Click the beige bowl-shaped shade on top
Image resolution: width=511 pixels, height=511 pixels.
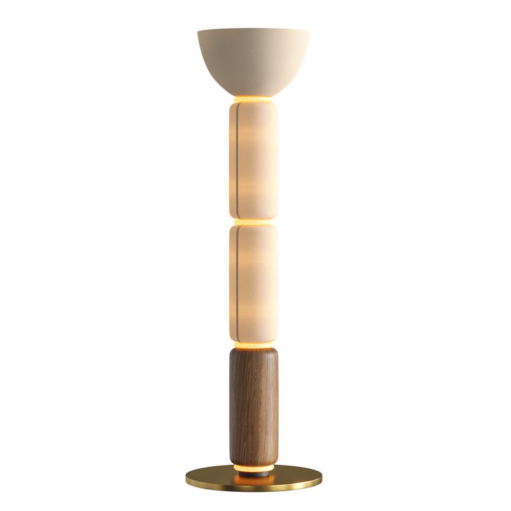[254, 61]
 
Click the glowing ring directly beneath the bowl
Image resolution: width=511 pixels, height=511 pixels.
[254, 99]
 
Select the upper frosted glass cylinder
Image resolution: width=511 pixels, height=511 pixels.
[256, 160]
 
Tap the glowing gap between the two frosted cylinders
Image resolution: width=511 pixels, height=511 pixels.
[254, 221]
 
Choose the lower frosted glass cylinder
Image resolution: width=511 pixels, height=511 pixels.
[256, 284]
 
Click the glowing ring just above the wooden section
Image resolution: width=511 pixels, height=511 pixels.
[254, 346]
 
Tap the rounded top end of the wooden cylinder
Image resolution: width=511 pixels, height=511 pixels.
[254, 353]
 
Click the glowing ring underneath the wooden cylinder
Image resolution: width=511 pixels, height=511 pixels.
[254, 468]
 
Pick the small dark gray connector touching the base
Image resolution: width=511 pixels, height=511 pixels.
[254, 473]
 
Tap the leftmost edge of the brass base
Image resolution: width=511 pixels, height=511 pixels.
[187, 478]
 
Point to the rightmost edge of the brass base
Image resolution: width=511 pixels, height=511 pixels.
[321, 478]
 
